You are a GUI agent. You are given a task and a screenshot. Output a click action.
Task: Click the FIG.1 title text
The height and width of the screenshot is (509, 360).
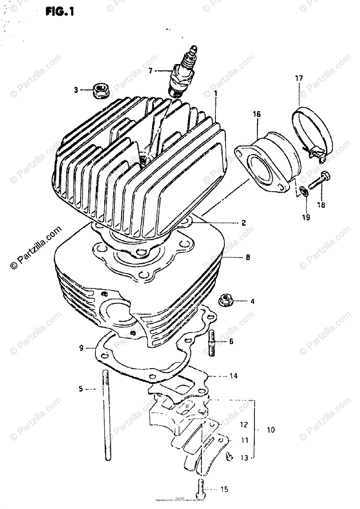click(x=60, y=11)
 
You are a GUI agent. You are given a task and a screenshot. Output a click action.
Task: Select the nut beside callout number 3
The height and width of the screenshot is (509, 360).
click(x=100, y=90)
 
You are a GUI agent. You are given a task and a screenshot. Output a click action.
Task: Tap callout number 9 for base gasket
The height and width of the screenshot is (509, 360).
click(x=81, y=349)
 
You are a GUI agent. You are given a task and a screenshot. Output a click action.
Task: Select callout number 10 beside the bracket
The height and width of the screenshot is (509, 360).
click(x=271, y=430)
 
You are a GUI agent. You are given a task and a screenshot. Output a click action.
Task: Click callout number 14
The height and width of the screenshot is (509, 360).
click(x=234, y=376)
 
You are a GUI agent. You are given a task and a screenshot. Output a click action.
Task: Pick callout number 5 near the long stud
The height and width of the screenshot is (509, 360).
click(x=80, y=388)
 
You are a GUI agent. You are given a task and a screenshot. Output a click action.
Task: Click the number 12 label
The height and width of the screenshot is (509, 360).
click(x=243, y=424)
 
